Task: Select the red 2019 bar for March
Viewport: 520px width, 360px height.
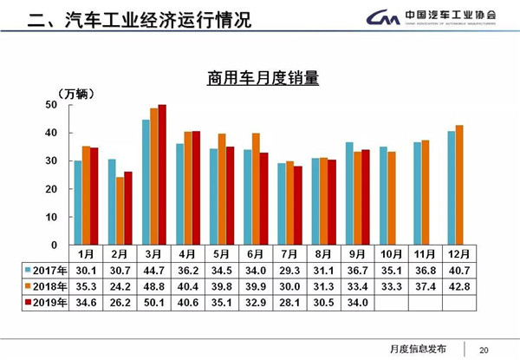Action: tap(162, 174)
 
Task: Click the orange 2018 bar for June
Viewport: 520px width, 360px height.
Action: tap(256, 188)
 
